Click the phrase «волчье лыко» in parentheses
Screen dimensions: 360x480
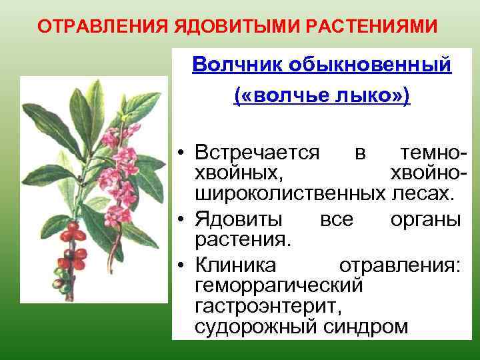[322, 97]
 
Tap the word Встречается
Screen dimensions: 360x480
[257, 153]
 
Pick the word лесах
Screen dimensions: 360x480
[421, 195]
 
